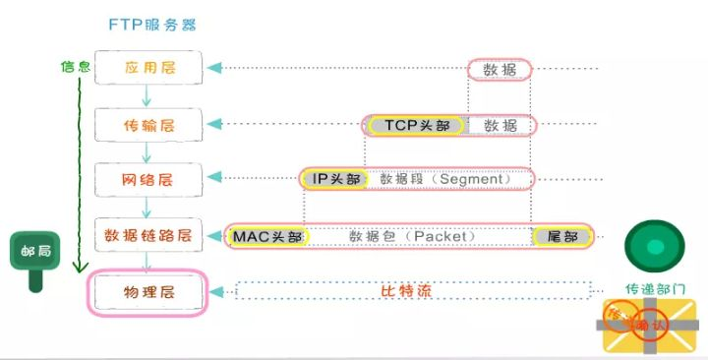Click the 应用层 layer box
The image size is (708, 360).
click(x=148, y=68)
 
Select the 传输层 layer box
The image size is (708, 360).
click(x=148, y=125)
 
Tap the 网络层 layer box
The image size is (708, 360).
click(x=148, y=179)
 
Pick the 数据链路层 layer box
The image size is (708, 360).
click(x=148, y=236)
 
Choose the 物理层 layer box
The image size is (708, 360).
click(x=148, y=293)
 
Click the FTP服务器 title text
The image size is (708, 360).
click(x=158, y=23)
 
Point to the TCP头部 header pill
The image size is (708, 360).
click(x=413, y=126)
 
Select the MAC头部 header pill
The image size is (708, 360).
click(x=268, y=237)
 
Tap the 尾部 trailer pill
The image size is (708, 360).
click(x=562, y=237)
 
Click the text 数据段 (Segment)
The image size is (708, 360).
click(x=439, y=180)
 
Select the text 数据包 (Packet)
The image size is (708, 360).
click(x=412, y=237)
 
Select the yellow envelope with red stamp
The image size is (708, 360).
click(x=650, y=326)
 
